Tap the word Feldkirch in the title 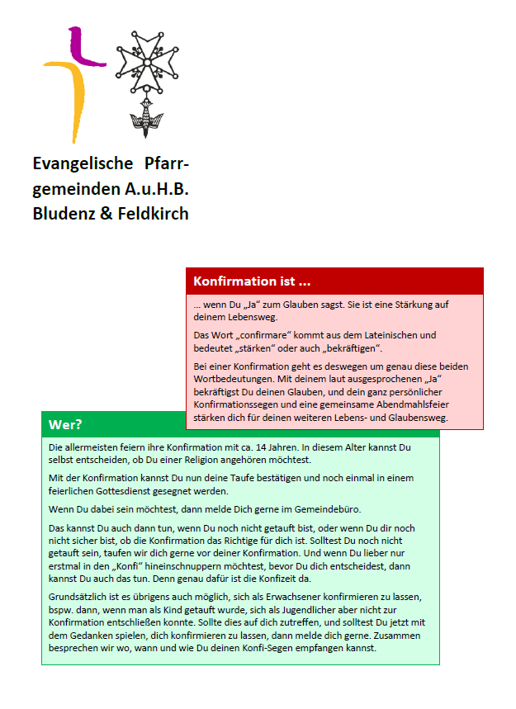[x=154, y=214]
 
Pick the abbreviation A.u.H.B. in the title [x=157, y=189]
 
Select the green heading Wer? [x=65, y=425]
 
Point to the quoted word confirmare [x=263, y=335]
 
